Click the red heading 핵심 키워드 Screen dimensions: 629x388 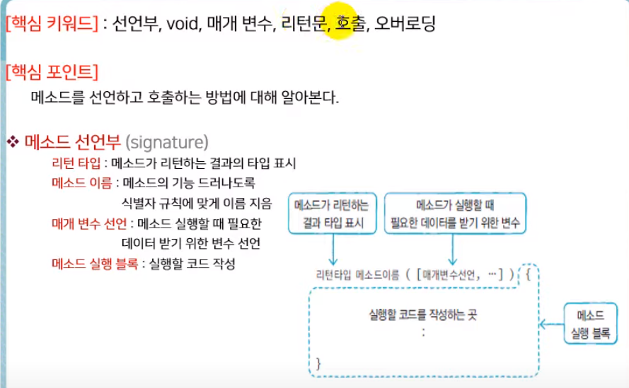51,25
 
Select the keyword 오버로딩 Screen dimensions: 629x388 405,25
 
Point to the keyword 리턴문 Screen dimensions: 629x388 304,25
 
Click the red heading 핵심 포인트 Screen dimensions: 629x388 51,72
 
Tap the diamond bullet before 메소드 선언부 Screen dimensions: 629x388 13,142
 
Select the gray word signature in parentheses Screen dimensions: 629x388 167,142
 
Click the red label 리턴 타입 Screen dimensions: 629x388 76,163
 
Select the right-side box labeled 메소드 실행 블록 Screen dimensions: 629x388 590,324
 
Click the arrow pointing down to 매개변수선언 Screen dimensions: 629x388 454,251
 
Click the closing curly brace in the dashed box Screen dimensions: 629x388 318,363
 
